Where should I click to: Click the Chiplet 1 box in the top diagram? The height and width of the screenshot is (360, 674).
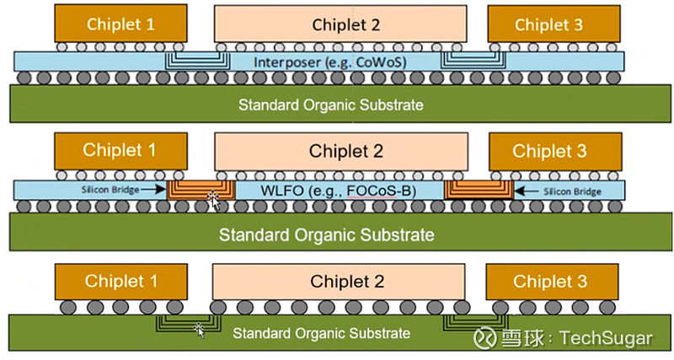click(120, 24)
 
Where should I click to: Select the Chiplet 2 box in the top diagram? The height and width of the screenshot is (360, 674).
click(340, 24)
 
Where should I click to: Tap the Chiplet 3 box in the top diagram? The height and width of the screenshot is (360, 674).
click(548, 24)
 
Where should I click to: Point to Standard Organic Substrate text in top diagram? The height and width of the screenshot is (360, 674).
click(330, 105)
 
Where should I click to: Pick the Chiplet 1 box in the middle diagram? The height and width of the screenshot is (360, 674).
click(120, 151)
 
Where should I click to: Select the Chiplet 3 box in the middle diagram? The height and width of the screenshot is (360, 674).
click(548, 152)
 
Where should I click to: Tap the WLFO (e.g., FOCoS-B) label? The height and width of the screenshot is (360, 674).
click(337, 190)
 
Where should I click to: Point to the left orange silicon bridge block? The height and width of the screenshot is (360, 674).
click(201, 190)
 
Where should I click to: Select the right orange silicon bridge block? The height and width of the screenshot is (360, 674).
click(475, 190)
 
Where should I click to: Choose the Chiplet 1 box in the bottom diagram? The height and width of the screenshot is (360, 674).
click(120, 280)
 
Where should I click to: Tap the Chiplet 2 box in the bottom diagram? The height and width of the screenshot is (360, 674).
click(340, 280)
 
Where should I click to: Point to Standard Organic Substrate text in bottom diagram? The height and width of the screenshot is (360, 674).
click(322, 333)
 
